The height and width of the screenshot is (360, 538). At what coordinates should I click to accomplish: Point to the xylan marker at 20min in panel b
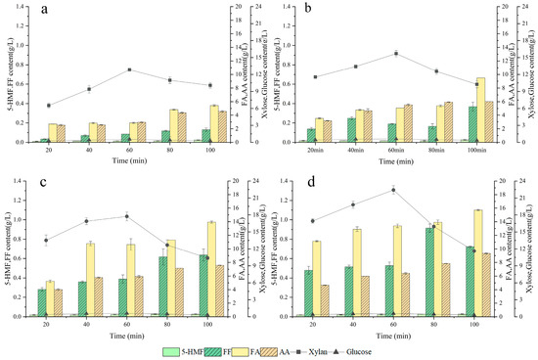[x=314, y=76]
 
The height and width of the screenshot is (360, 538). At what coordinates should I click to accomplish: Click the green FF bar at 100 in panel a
[x=206, y=136]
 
